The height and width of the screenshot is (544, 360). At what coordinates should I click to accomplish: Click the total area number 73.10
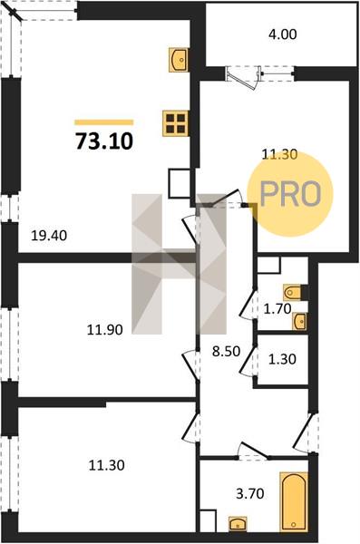tap(104, 141)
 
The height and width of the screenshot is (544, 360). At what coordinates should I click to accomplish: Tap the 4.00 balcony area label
tap(283, 34)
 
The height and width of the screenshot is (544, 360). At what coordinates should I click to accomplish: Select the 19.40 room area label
tap(49, 236)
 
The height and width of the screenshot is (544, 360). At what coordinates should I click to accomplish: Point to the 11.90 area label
tap(104, 329)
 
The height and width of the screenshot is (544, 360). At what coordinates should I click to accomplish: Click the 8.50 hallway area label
tap(227, 351)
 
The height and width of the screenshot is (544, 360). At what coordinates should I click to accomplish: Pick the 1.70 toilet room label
tap(277, 308)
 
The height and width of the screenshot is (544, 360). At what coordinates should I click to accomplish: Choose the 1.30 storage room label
tap(282, 359)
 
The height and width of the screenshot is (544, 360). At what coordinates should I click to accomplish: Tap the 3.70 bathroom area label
tap(250, 493)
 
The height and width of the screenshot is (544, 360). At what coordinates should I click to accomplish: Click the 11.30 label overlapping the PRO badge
tap(279, 154)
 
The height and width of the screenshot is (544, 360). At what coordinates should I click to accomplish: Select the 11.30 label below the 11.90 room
tap(107, 465)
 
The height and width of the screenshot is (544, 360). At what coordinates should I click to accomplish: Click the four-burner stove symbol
tap(175, 123)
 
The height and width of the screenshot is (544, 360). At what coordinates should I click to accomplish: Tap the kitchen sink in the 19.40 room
tap(179, 60)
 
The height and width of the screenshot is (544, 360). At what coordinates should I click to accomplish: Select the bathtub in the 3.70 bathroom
tap(294, 501)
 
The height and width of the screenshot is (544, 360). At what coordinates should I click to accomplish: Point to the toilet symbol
tap(294, 293)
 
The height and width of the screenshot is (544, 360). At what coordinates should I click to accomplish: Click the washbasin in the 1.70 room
tap(299, 321)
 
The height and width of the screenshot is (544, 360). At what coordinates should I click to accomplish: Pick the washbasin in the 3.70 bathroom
tap(238, 523)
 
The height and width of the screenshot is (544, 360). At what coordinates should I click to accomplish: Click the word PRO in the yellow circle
tap(290, 194)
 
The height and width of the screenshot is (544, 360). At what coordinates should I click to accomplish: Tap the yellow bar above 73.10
tap(104, 122)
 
